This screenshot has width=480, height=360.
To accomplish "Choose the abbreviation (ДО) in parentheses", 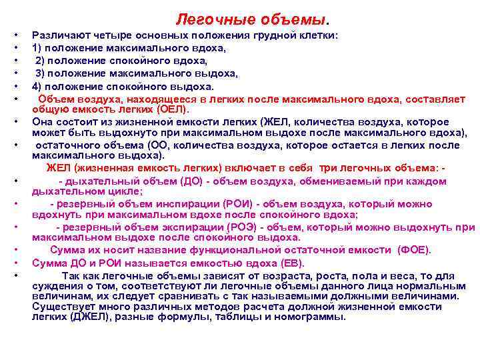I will point(193,181).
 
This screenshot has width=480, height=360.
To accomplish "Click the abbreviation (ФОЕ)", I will point(414,250).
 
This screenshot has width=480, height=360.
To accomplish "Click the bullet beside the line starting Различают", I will point(13,35).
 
